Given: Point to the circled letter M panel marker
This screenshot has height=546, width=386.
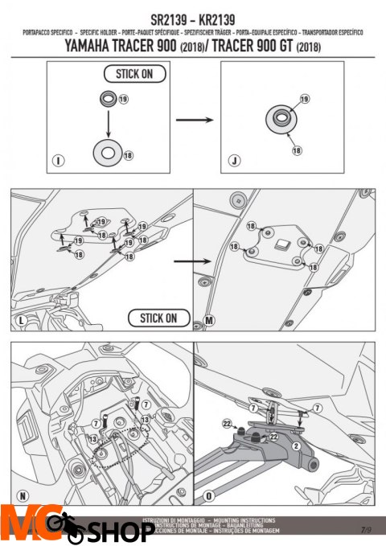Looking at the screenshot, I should coord(209,322).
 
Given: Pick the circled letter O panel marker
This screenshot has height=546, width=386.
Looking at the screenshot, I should coord(209,493).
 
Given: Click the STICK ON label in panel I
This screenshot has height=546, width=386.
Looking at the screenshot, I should coord(134,75).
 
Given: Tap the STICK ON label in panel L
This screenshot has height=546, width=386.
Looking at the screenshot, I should coord(158,318).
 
